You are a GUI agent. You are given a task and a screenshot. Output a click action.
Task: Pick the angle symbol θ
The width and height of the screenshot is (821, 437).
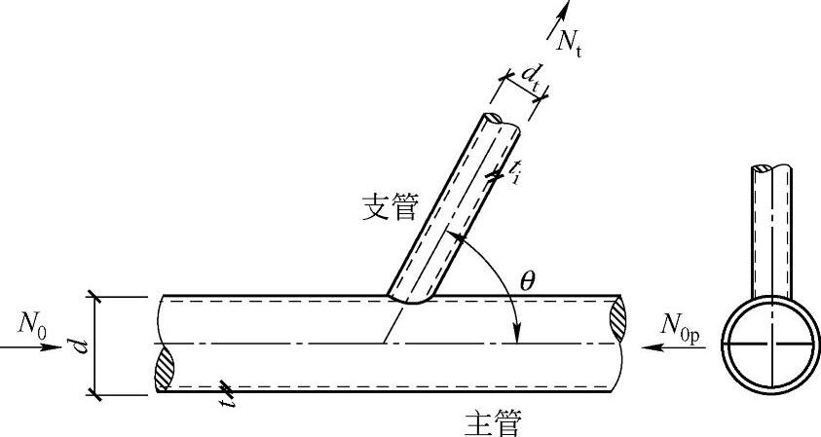coord(527,281)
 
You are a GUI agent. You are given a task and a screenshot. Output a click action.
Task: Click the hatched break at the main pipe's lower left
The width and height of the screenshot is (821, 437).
coord(164,370)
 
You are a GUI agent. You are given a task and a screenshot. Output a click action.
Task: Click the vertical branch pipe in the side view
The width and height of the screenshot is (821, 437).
coord(772,229)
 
